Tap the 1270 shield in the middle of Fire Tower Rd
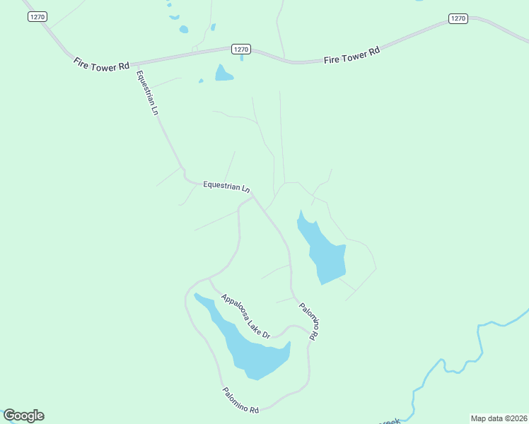click(x=241, y=49)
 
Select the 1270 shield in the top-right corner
click(x=459, y=18)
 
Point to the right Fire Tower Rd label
click(x=351, y=56)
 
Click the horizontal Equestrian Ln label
click(x=226, y=187)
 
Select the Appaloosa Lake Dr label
click(x=245, y=316)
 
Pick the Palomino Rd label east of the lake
click(x=309, y=321)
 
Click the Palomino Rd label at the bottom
click(x=240, y=400)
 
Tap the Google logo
click(x=23, y=416)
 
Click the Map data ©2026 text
click(x=499, y=418)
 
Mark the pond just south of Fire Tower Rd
click(x=223, y=73)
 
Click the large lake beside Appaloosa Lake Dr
click(x=248, y=346)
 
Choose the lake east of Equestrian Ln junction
click(x=323, y=253)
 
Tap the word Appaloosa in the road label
click(x=234, y=307)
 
